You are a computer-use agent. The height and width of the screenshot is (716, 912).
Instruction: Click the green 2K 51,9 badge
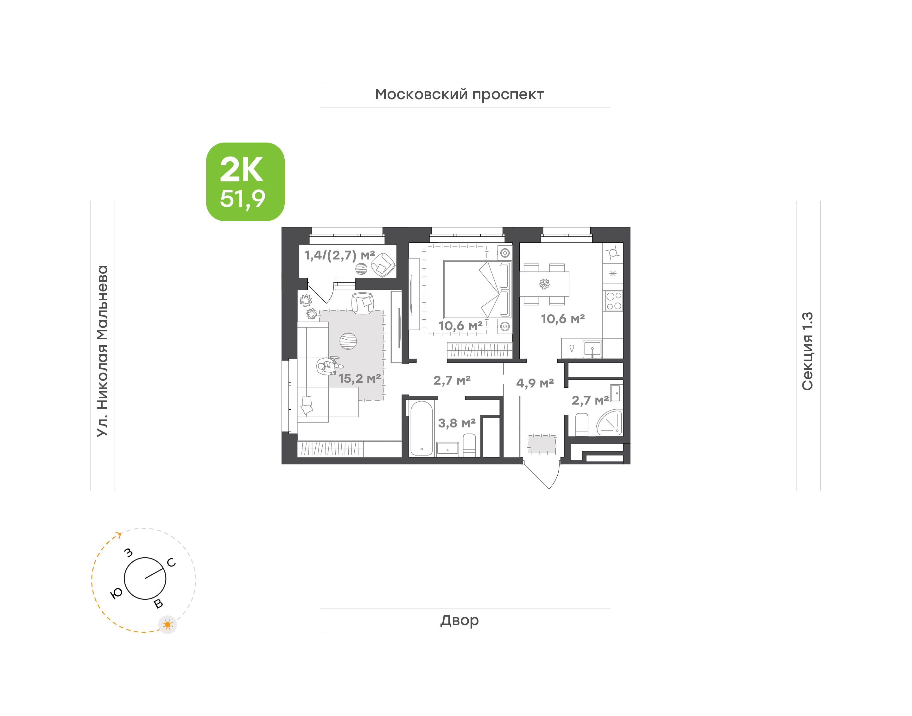(245, 182)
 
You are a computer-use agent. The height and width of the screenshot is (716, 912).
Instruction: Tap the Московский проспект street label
(459, 95)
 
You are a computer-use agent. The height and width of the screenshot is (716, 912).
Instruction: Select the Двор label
(459, 620)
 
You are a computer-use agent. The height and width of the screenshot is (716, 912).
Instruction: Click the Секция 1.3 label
(807, 351)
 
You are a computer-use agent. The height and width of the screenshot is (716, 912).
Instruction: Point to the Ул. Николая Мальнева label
(103, 351)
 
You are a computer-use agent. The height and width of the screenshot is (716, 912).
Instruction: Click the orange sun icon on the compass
(168, 625)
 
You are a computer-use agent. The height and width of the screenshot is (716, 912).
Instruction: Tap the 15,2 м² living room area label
(359, 379)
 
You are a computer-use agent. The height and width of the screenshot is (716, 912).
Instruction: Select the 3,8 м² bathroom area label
(457, 423)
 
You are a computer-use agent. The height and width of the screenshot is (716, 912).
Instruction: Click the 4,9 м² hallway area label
(535, 383)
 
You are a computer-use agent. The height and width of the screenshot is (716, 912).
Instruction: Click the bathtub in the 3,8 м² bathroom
(421, 428)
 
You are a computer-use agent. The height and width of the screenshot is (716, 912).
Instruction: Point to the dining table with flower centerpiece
(544, 284)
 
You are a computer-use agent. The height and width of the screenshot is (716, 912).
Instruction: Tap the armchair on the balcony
(383, 265)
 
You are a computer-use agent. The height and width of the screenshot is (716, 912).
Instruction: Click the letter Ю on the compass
(116, 593)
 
